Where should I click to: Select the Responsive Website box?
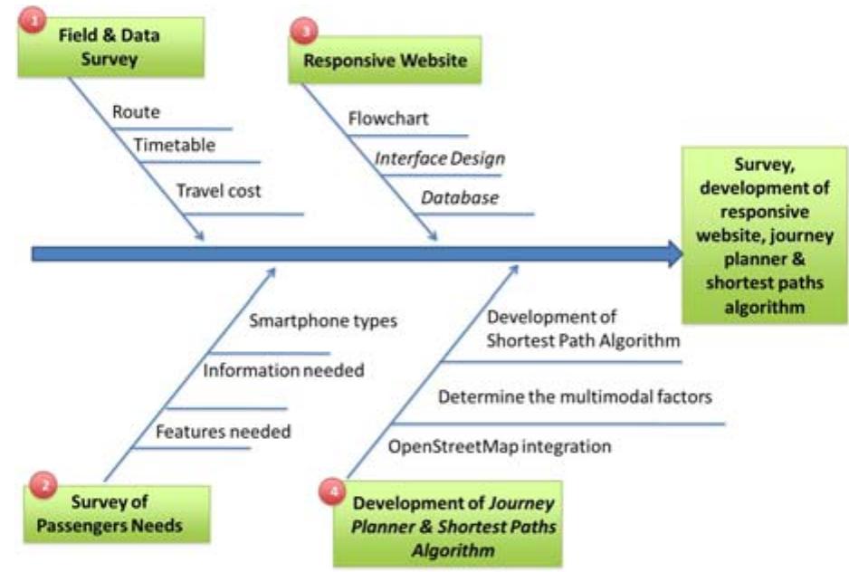coord(385,62)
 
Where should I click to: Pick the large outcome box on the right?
coord(765,236)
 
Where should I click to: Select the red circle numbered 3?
coord(301,33)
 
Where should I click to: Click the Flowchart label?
coord(388,119)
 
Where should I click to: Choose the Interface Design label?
coord(440,158)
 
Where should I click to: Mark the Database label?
coord(459,197)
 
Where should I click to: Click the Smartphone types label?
coord(323,320)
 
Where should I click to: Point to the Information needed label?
coord(283,369)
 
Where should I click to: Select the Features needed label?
coord(223,432)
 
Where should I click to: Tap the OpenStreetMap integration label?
coord(500,446)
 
